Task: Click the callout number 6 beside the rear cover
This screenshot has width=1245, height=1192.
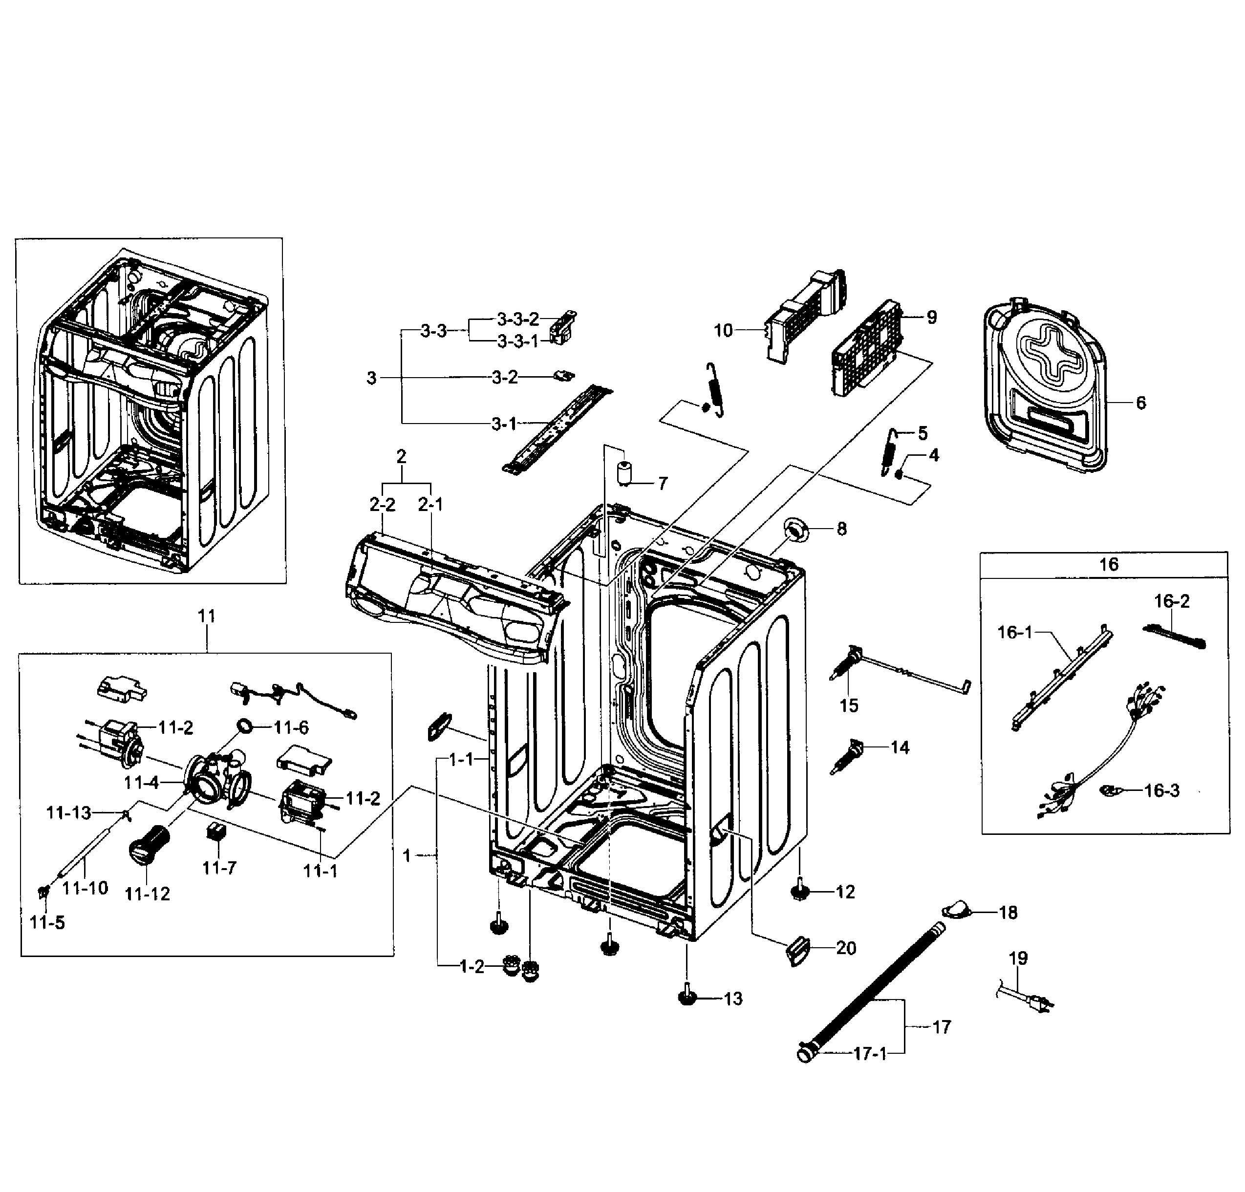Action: coord(1141,403)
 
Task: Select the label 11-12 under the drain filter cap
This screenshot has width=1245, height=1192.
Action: coord(148,894)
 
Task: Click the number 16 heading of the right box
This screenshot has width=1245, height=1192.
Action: coord(1108,565)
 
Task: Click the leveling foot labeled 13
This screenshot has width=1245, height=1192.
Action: coord(687,998)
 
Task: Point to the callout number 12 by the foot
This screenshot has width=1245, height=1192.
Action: coord(845,892)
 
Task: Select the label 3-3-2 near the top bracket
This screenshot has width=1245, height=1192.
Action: coord(518,319)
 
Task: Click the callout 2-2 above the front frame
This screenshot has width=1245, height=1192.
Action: coord(383,505)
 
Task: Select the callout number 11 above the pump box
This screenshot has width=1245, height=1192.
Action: coord(206,616)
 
